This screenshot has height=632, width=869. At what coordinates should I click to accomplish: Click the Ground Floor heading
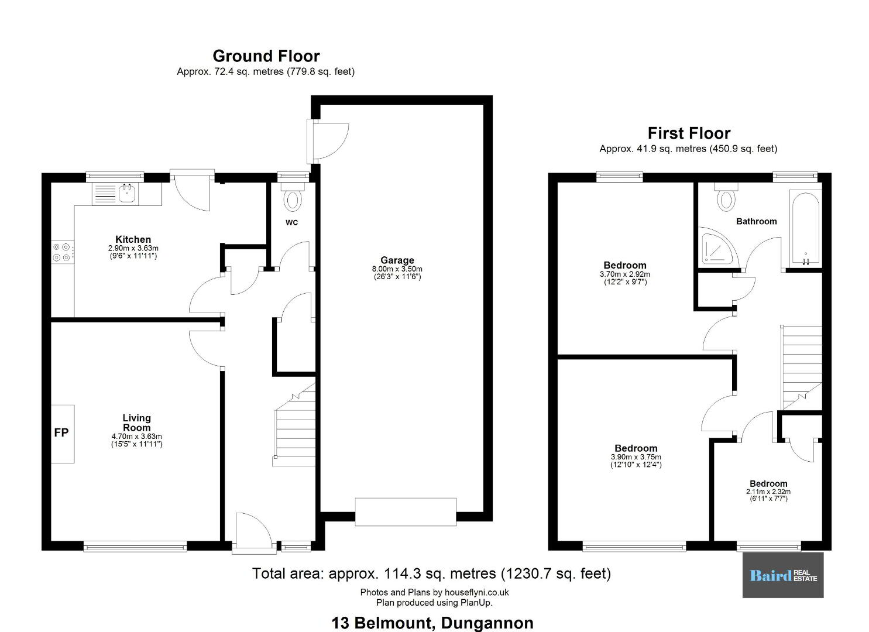click(266, 56)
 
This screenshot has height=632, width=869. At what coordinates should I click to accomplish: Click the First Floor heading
click(689, 133)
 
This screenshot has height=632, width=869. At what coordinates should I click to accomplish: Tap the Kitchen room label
click(133, 239)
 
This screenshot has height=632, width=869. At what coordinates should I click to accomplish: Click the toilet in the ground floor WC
click(293, 197)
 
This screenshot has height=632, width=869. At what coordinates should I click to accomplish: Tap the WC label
click(292, 222)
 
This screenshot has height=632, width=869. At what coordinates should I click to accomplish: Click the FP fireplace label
click(61, 432)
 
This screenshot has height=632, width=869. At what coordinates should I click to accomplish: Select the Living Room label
click(136, 423)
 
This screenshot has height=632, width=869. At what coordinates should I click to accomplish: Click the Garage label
click(397, 260)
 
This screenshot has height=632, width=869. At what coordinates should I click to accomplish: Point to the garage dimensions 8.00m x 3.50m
click(397, 269)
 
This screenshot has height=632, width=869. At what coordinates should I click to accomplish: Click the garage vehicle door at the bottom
click(406, 511)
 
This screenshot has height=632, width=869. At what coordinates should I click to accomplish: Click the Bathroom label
click(757, 222)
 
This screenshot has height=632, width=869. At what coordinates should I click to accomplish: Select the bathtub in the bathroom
click(805, 229)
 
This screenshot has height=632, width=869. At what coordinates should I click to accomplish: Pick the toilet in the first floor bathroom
click(726, 198)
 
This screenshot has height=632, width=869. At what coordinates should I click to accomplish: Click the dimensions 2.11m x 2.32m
click(768, 492)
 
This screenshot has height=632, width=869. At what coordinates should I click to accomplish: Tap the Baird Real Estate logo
click(783, 575)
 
